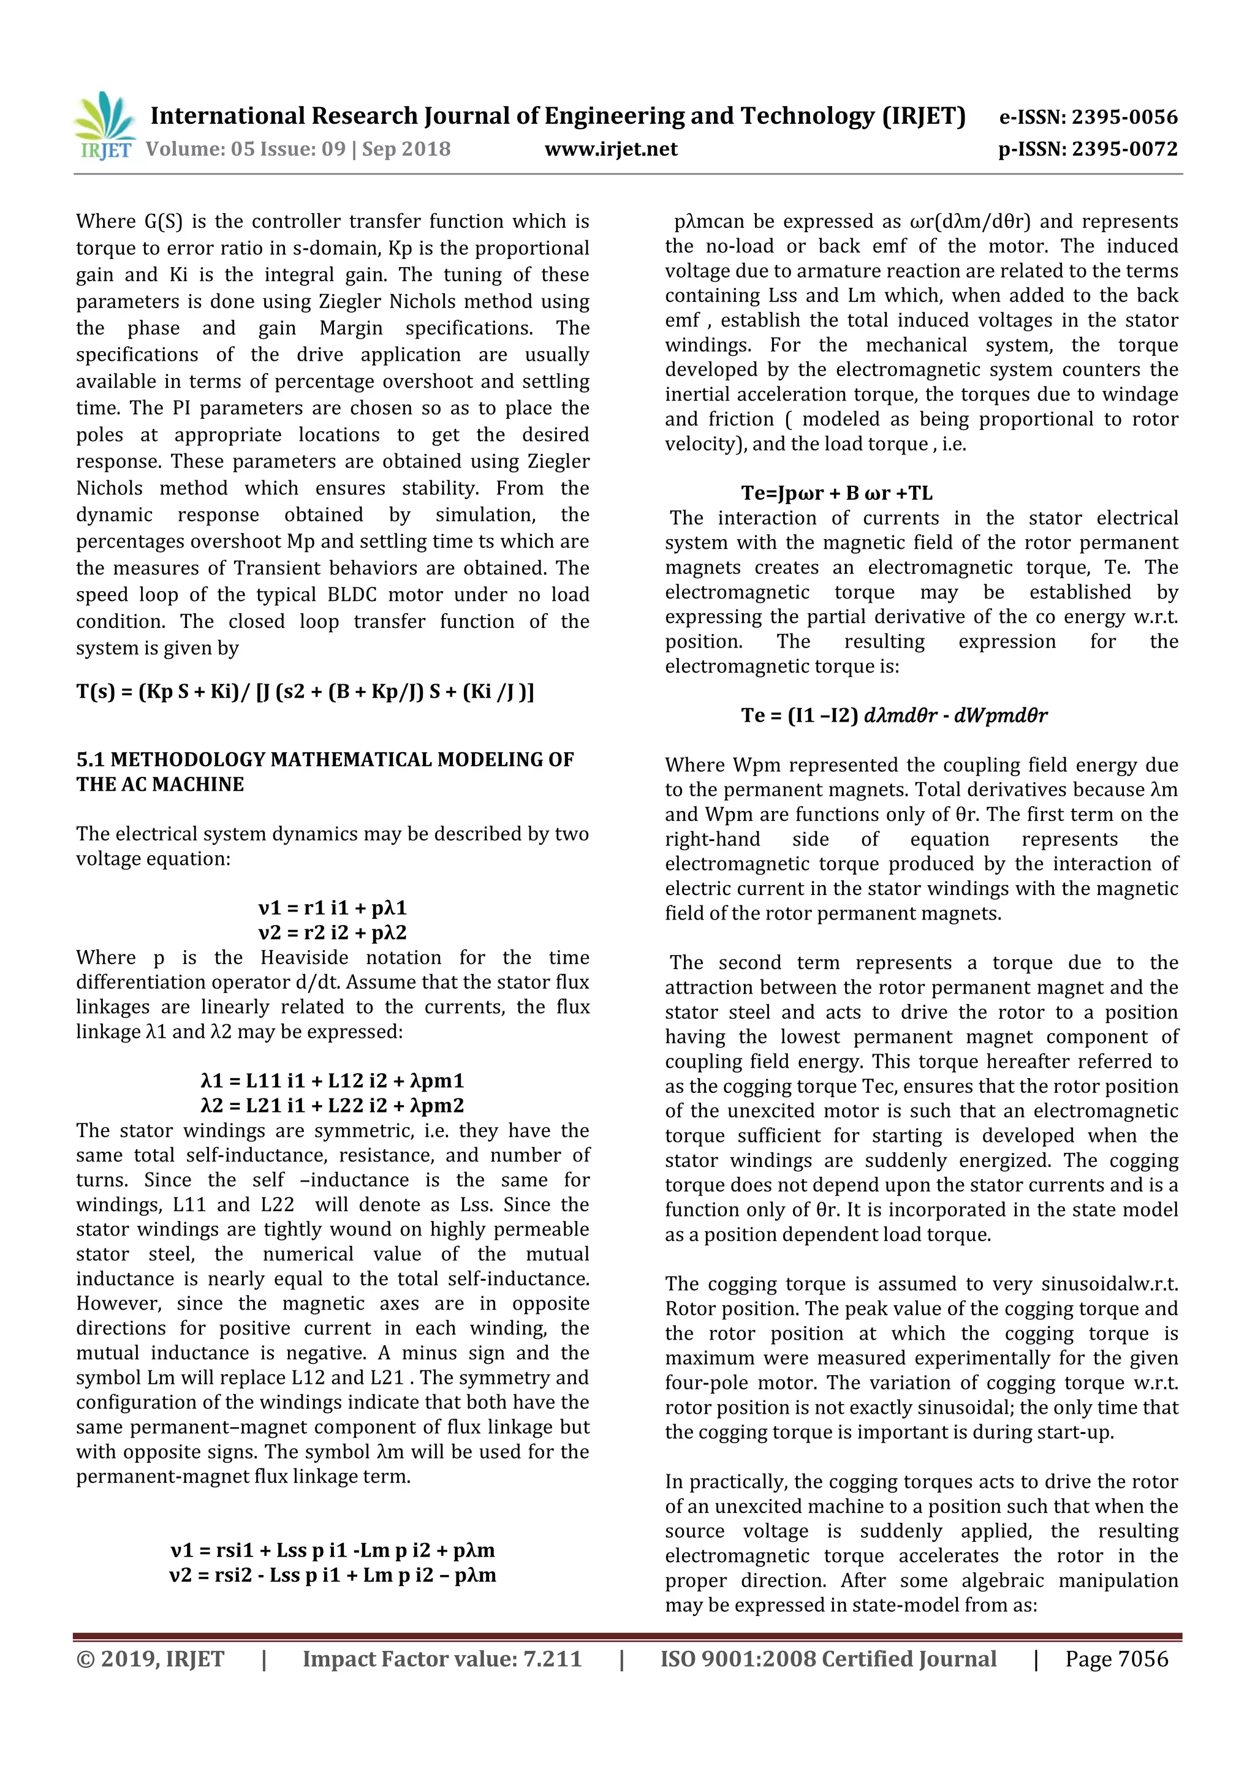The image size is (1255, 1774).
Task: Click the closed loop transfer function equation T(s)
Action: coord(305,691)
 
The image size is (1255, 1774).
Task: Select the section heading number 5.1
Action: coord(91,760)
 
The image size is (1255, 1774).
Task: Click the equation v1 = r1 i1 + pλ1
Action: coord(332,908)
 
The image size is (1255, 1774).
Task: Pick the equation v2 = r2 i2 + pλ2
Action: coord(332,932)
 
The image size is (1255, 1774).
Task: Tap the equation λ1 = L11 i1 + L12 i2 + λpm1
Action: coord(332,1081)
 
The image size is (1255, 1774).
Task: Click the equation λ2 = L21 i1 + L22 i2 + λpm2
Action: coord(332,1106)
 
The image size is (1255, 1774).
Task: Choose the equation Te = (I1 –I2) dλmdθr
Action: coord(893,715)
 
